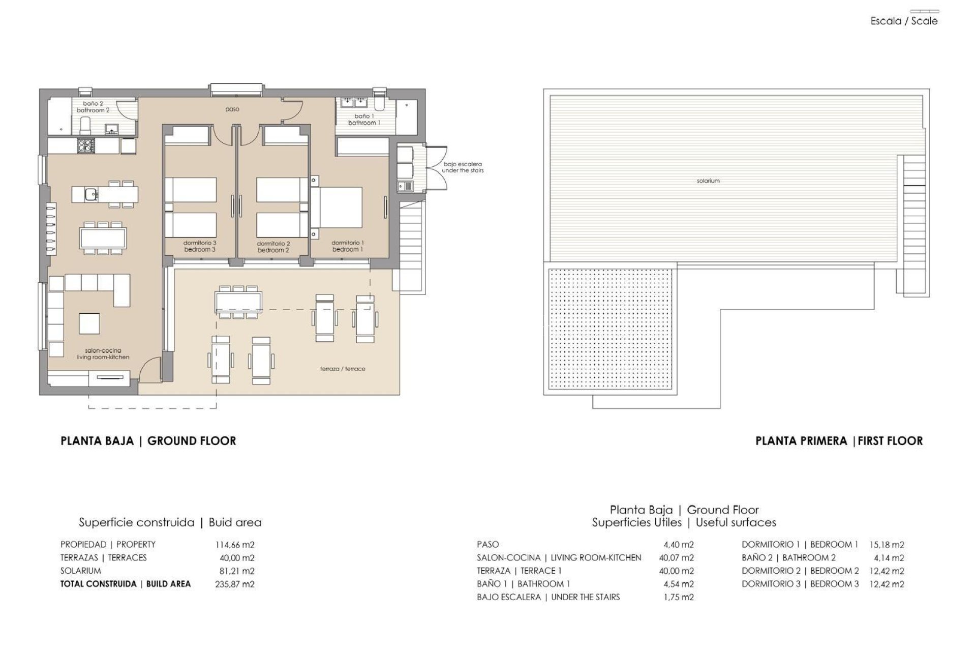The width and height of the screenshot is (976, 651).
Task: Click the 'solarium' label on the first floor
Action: click(x=708, y=181)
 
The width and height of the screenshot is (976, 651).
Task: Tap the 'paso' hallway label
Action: click(x=232, y=109)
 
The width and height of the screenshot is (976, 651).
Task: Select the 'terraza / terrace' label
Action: click(x=343, y=369)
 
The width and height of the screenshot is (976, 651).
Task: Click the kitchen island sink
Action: click(x=91, y=194)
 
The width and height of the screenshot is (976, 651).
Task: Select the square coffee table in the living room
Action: click(x=89, y=323)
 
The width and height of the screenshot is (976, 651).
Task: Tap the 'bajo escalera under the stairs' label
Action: click(x=462, y=167)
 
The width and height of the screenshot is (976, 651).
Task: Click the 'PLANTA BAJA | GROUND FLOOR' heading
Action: click(x=148, y=441)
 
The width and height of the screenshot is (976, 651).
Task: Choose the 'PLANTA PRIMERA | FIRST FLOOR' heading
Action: click(x=839, y=441)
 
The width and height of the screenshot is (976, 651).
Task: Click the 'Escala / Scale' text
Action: click(x=904, y=21)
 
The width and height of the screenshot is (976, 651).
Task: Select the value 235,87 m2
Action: click(x=234, y=584)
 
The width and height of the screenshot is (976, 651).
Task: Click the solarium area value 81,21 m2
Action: click(x=236, y=571)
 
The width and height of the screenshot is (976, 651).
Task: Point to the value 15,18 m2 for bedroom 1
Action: click(x=887, y=545)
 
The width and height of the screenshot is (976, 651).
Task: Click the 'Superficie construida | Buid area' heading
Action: click(x=170, y=522)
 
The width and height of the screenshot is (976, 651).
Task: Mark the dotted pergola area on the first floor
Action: click(x=612, y=330)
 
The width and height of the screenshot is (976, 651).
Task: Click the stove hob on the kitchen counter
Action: click(x=84, y=146)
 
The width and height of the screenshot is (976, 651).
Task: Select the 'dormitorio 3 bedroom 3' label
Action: click(x=200, y=247)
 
